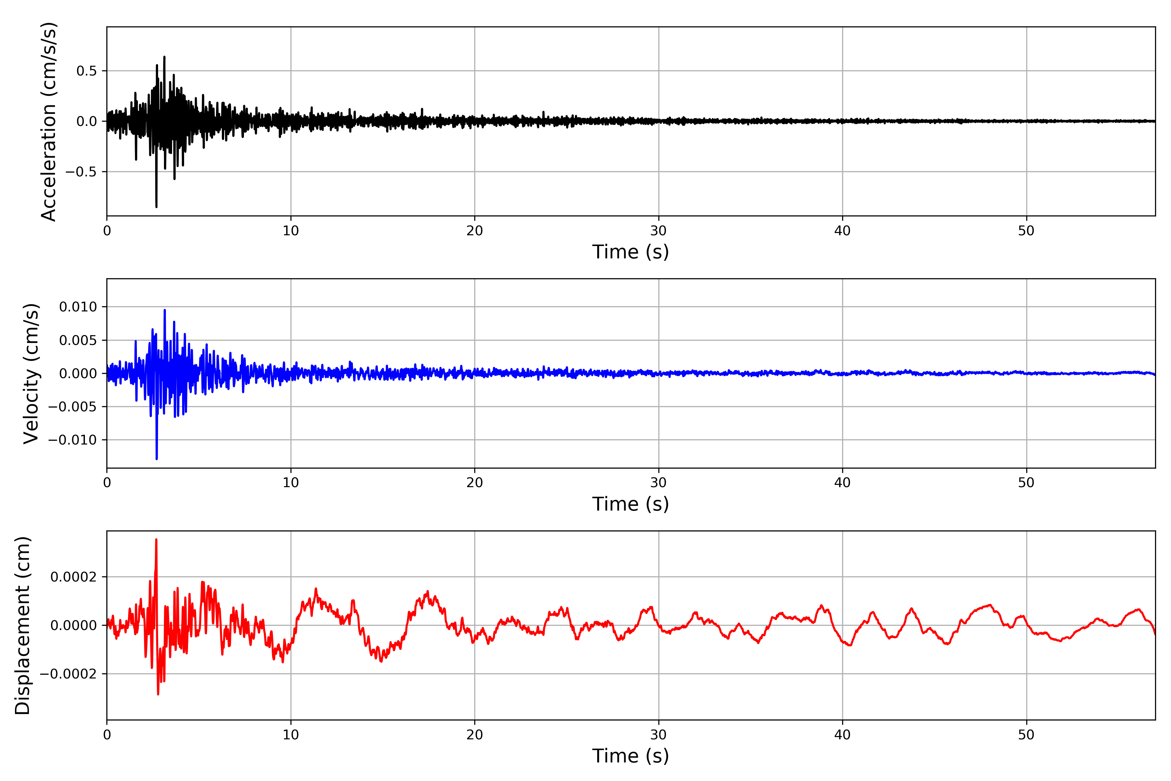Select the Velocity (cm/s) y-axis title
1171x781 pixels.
pyautogui.click(x=31, y=374)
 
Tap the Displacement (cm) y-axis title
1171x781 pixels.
pyautogui.click(x=22, y=625)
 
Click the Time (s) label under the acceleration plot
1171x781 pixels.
pyautogui.click(x=630, y=252)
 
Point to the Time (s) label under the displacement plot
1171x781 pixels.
pyautogui.click(x=630, y=756)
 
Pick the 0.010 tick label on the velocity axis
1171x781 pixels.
pyautogui.click(x=78, y=307)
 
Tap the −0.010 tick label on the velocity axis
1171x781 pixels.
pyautogui.click(x=73, y=440)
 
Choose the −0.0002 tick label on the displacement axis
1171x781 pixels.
pyautogui.click(x=68, y=674)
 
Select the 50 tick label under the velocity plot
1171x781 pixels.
pyautogui.click(x=1026, y=483)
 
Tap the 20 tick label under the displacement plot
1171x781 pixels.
pyautogui.click(x=475, y=735)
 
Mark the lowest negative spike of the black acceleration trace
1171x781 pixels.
pyautogui.click(x=156, y=206)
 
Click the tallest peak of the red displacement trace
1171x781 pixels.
pyautogui.click(x=156, y=540)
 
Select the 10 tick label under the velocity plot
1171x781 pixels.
pyautogui.click(x=291, y=483)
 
